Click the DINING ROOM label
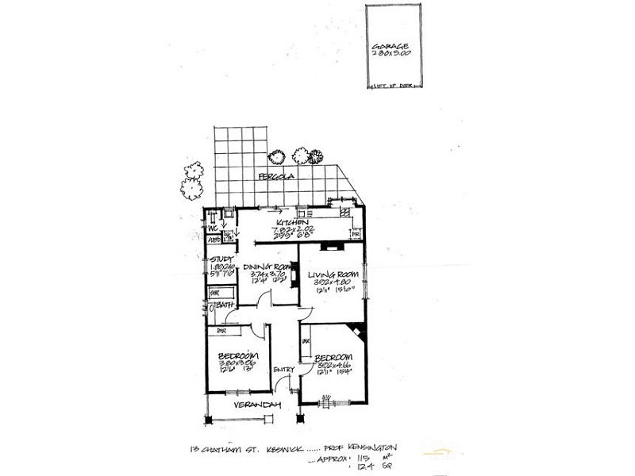tap(265, 267)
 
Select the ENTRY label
tap(284, 370)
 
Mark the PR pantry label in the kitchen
tap(356, 236)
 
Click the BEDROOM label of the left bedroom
tap(238, 355)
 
